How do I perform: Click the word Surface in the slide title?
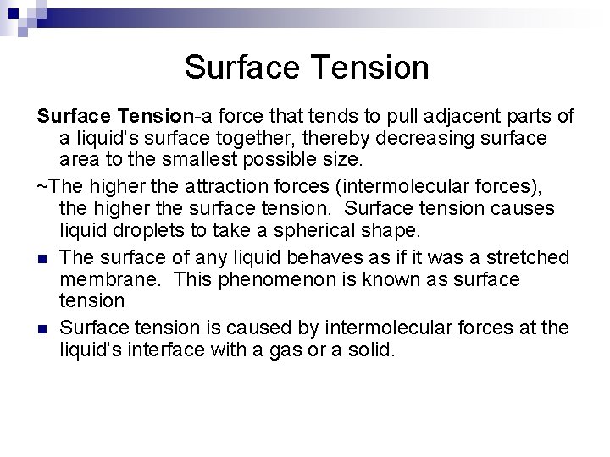click(x=238, y=67)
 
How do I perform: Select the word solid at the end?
click(x=372, y=349)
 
